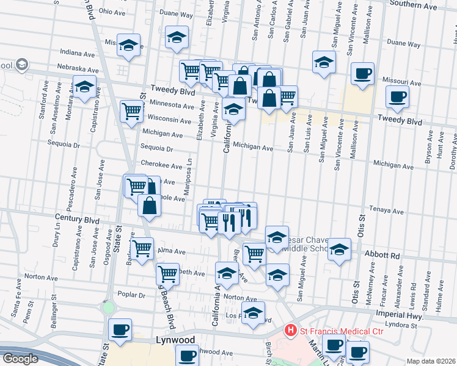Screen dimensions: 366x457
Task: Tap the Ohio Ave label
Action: pyautogui.click(x=112, y=12)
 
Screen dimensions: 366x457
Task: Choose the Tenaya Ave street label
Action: pyautogui.click(x=386, y=212)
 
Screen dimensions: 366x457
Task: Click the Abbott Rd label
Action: pyautogui.click(x=382, y=256)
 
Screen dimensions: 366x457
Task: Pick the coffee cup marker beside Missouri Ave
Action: pyautogui.click(x=363, y=73)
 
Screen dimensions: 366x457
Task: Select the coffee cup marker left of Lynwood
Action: pyautogui.click(x=120, y=329)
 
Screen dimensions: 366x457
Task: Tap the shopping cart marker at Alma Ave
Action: pyautogui.click(x=142, y=248)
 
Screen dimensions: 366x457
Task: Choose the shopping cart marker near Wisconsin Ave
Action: pyautogui.click(x=132, y=111)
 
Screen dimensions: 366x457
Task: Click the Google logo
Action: pyautogui.click(x=20, y=359)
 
